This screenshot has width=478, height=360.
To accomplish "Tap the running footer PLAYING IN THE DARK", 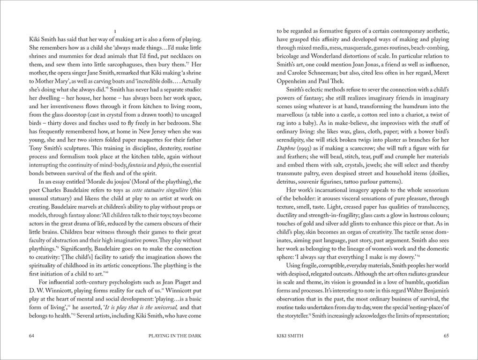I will point(174,336).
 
